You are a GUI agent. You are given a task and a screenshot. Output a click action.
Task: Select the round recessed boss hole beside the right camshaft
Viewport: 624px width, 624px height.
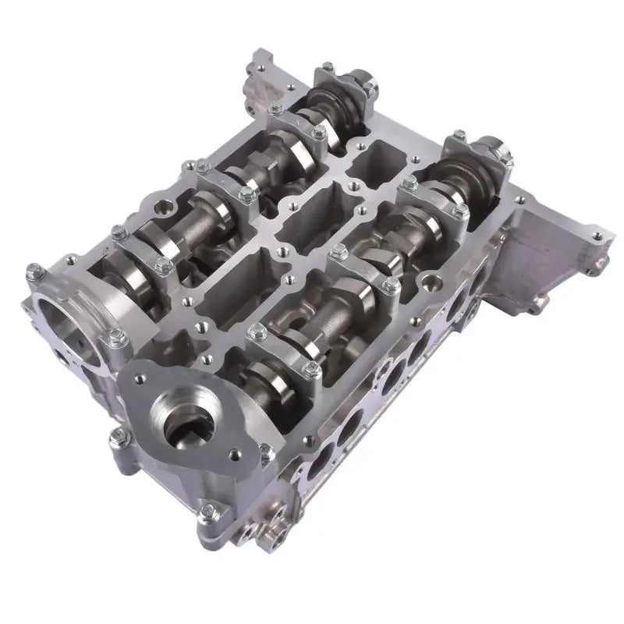click(x=428, y=280)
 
